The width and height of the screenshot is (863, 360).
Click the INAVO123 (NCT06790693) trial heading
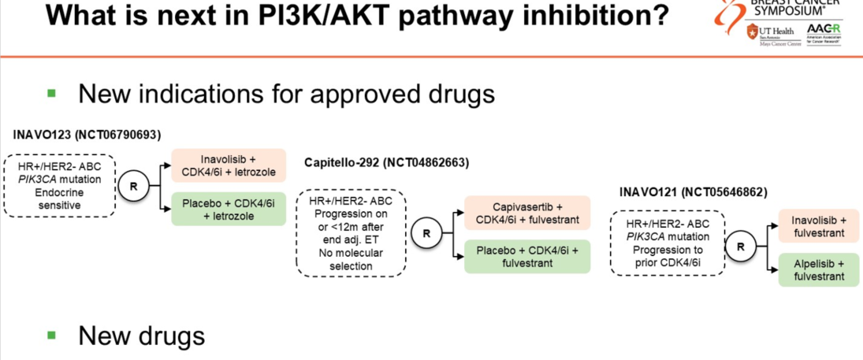point(87,135)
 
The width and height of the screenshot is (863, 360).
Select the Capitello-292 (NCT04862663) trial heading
point(386,163)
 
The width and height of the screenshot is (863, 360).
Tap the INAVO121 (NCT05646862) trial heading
point(694,192)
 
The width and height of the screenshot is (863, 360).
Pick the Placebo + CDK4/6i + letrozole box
point(229,210)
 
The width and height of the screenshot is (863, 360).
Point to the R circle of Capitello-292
point(426,233)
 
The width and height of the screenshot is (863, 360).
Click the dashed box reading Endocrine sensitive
point(60,185)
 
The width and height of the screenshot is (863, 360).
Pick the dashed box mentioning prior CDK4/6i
point(668,242)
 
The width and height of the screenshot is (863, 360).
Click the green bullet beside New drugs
point(52,336)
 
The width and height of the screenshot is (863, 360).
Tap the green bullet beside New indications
point(52,93)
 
